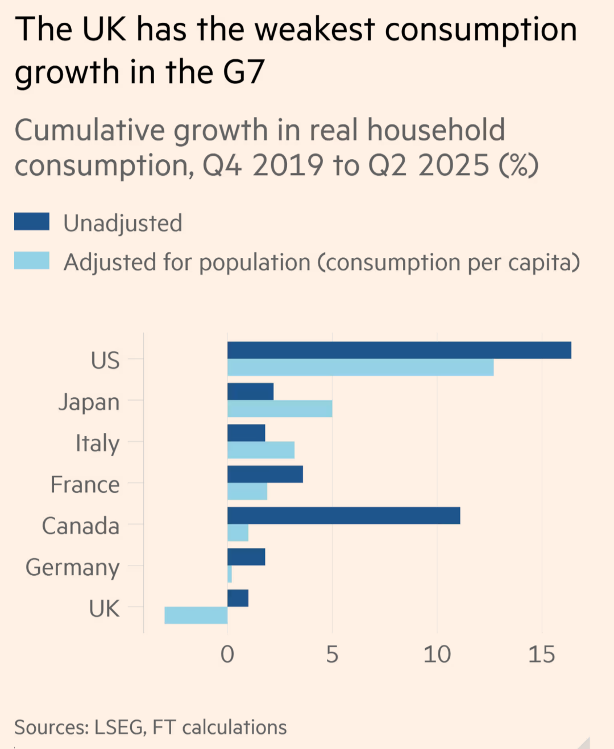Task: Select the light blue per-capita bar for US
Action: pyautogui.click(x=360, y=368)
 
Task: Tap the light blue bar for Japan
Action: pyautogui.click(x=280, y=409)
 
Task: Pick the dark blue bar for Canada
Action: pyautogui.click(x=343, y=516)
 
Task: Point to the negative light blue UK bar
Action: pyautogui.click(x=196, y=615)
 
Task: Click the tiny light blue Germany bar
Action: pyautogui.click(x=230, y=574)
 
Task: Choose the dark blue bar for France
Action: pyautogui.click(x=265, y=475)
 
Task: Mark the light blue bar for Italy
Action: pyautogui.click(x=261, y=450)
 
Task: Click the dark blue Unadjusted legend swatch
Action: pyautogui.click(x=32, y=222)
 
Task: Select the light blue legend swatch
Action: pyautogui.click(x=32, y=261)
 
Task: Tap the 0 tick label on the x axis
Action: pyautogui.click(x=227, y=655)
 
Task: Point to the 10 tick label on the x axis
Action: pyautogui.click(x=437, y=655)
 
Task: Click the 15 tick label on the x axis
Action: pyautogui.click(x=541, y=655)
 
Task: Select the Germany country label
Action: pyautogui.click(x=73, y=567)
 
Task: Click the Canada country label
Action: pyautogui.click(x=81, y=526)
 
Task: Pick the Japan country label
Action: pyautogui.click(x=89, y=402)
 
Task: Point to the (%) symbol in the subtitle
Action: pyautogui.click(x=518, y=165)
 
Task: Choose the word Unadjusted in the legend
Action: pyautogui.click(x=123, y=223)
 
